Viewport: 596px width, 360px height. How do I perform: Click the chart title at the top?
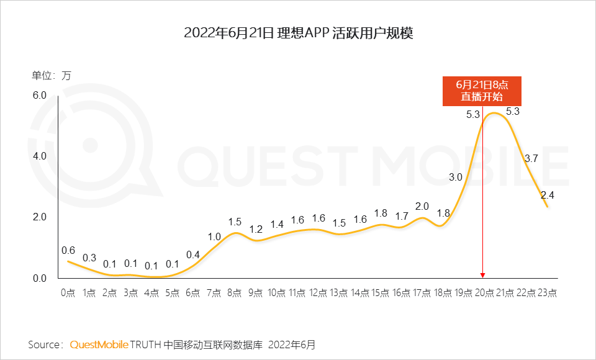(298, 33)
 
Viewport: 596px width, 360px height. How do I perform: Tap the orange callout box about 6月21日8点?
(482, 91)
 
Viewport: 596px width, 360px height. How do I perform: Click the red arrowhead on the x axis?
(482, 275)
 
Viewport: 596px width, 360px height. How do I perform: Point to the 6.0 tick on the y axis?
(40, 95)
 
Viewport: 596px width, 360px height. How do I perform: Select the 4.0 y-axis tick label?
(40, 156)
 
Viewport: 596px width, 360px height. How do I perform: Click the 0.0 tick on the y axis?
(40, 278)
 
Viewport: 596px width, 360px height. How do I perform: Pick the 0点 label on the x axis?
(68, 292)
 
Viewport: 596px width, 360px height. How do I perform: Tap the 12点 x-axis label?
(318, 292)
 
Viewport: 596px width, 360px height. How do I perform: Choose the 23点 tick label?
(548, 292)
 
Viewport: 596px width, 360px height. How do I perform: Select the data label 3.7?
(531, 158)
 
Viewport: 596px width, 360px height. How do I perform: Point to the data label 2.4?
(548, 195)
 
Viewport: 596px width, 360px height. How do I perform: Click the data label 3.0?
(456, 177)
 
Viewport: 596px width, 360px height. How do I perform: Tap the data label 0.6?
(68, 250)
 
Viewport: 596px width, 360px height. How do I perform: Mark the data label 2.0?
(422, 206)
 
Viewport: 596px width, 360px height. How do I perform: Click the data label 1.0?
(214, 236)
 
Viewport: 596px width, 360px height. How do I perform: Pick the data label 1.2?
(256, 229)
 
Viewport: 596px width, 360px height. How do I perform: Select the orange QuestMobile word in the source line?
(99, 344)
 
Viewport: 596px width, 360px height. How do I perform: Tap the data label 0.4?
(193, 254)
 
